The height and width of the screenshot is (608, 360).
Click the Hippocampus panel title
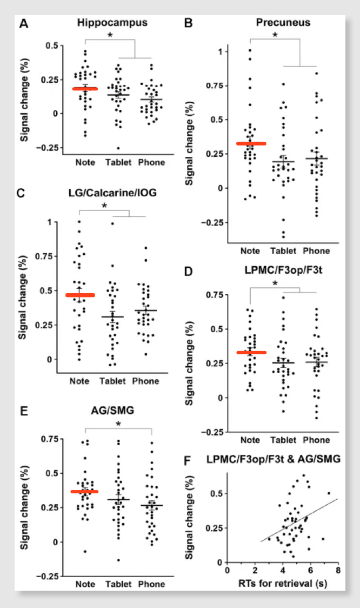(x=112, y=23)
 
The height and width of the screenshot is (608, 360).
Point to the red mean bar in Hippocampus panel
(x=85, y=89)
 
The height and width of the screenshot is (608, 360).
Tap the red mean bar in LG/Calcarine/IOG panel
(x=80, y=295)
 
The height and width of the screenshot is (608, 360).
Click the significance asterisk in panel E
(x=118, y=423)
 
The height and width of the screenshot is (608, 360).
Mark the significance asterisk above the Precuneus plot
(x=275, y=36)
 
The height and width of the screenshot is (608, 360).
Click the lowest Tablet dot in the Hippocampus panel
(x=118, y=148)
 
